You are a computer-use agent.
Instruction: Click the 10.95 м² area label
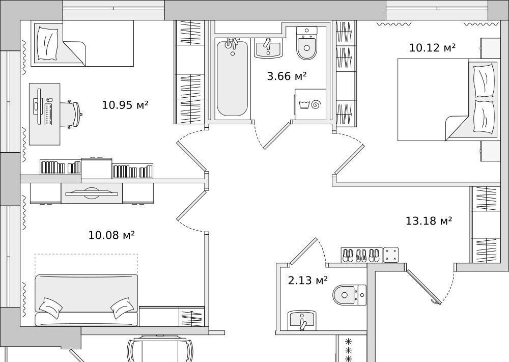point(125,105)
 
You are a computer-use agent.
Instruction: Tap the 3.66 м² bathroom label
point(287,76)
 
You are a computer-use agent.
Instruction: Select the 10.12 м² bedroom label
point(432,48)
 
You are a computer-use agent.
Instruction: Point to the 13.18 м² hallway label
point(429,221)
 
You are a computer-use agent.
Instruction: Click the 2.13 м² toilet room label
point(308,280)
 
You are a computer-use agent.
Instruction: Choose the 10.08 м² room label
point(111,235)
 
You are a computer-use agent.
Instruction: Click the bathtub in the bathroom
point(232,77)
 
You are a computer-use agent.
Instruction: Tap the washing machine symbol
point(310,104)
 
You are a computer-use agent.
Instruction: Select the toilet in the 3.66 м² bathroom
point(306,43)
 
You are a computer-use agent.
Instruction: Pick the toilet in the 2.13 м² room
point(349,295)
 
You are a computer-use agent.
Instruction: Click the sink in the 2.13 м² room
point(302,320)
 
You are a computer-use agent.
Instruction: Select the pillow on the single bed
point(48,43)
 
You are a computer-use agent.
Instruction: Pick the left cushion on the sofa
point(50,307)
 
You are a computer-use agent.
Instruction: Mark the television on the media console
point(92,193)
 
